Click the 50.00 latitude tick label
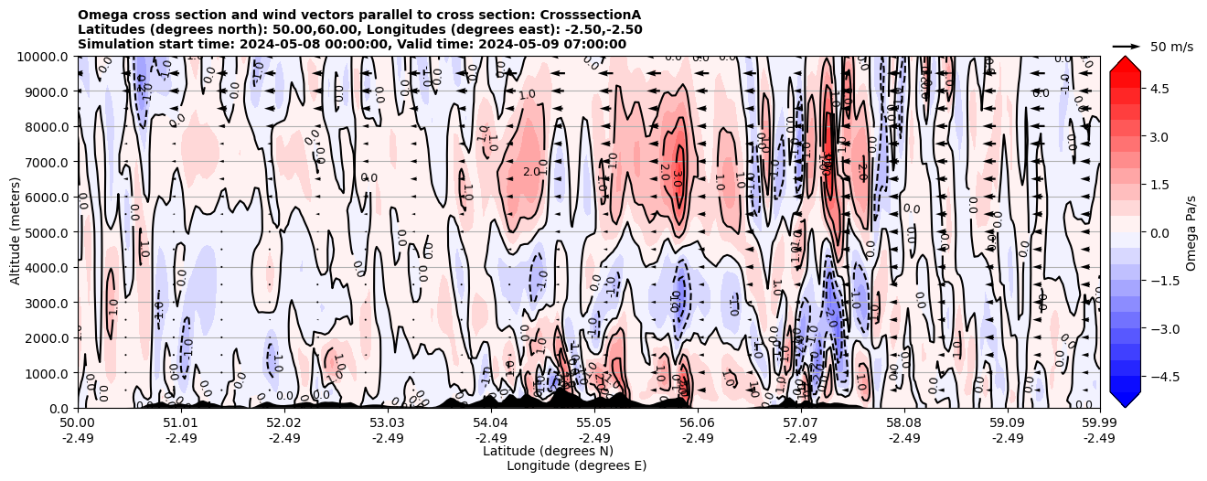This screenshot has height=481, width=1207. (x=78, y=423)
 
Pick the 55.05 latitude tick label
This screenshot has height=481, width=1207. (x=594, y=423)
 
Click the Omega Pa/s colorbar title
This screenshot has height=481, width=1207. (x=1191, y=232)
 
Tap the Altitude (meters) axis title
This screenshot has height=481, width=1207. (x=16, y=232)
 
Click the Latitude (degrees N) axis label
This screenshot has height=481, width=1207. (x=548, y=451)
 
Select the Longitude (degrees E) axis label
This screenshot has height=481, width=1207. (x=576, y=465)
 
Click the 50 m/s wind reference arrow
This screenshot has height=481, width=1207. (x=1126, y=46)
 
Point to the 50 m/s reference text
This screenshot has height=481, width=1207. (x=1171, y=47)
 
